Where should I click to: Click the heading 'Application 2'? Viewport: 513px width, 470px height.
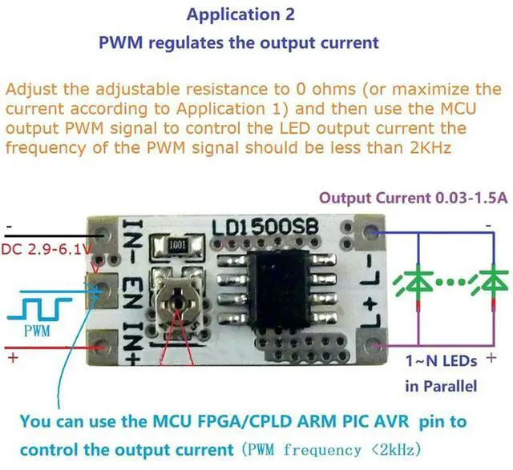pyautogui.click(x=240, y=14)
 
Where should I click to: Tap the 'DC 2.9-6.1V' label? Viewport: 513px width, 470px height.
pyautogui.click(x=46, y=249)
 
